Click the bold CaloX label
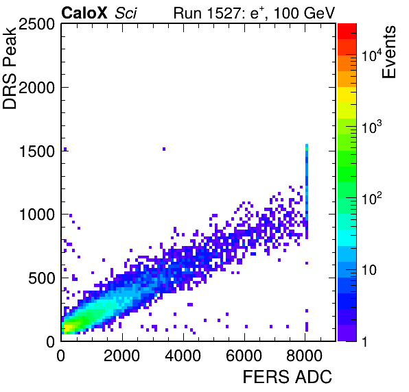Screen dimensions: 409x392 [x=84, y=12]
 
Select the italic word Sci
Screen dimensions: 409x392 [x=126, y=13]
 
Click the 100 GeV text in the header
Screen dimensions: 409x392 [x=305, y=13]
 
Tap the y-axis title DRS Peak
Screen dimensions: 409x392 [x=10, y=67]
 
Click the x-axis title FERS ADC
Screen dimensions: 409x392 [x=288, y=377]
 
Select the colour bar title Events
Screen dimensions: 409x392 [x=388, y=52]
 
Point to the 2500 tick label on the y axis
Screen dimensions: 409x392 [x=36, y=25]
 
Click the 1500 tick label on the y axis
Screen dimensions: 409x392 [x=37, y=151]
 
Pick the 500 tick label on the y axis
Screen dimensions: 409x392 [x=41, y=278]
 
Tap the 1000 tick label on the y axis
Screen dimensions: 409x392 [x=37, y=215]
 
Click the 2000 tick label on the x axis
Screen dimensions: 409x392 [x=122, y=355]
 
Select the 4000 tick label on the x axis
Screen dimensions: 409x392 [x=183, y=355]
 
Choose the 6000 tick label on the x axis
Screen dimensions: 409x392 [x=244, y=355]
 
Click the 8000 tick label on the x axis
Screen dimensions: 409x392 [x=305, y=355]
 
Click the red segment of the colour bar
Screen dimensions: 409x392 [x=347, y=32]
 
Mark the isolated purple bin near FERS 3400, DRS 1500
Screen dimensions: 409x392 [x=164, y=149]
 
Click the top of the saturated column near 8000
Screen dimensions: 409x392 [x=307, y=145]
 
